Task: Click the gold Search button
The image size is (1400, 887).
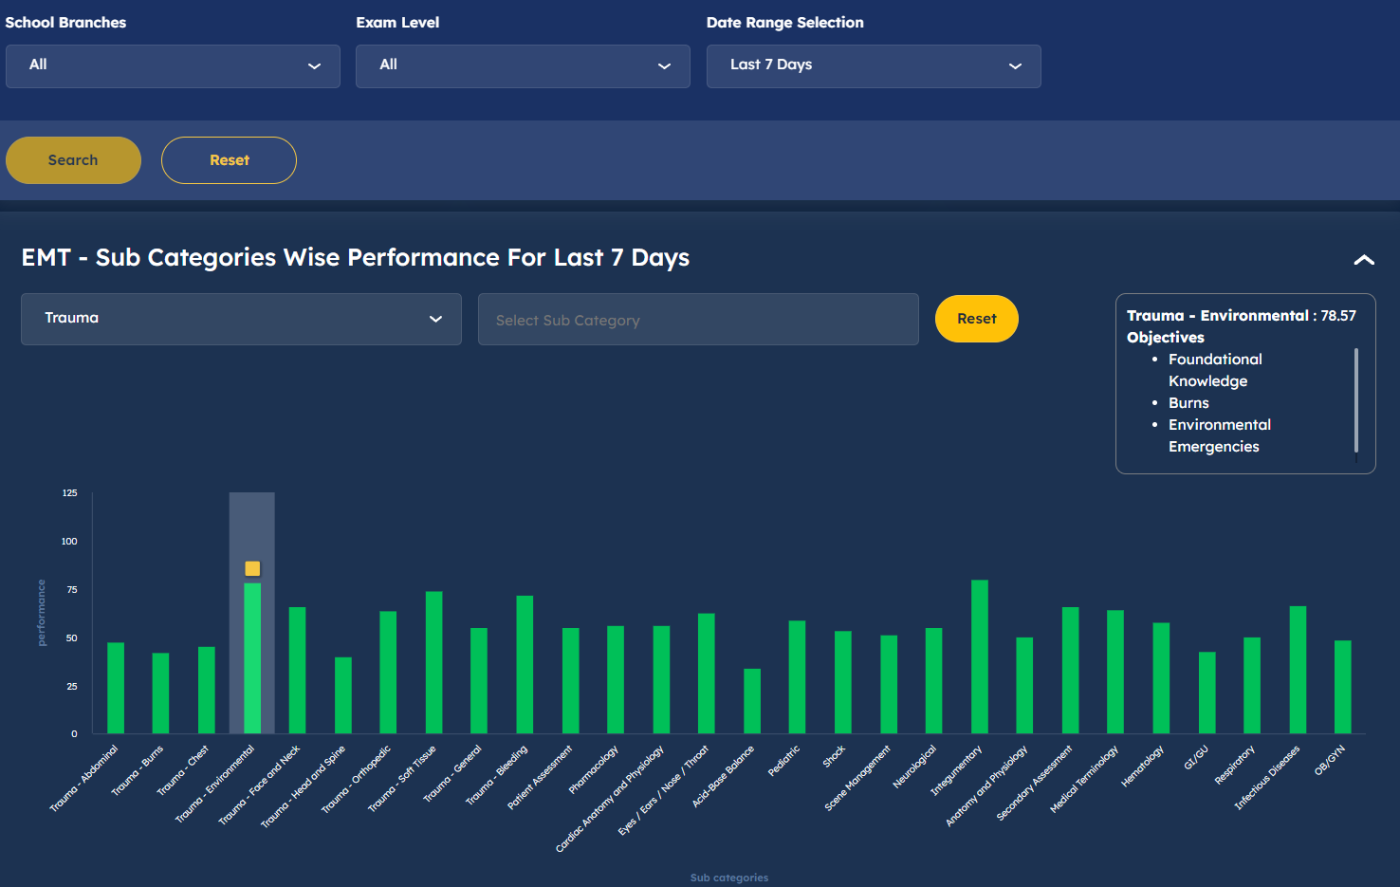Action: [x=73, y=160]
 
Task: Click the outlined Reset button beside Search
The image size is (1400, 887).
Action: [x=229, y=160]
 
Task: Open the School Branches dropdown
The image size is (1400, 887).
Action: [x=173, y=65]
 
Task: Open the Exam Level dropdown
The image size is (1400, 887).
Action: [x=523, y=65]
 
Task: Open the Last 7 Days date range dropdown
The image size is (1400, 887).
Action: [x=873, y=65]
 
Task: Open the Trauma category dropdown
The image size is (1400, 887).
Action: [x=241, y=319]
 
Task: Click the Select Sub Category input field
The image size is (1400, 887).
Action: [x=698, y=320]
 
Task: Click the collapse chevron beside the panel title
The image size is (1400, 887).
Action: [x=1363, y=260]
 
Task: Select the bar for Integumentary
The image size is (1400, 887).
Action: [x=980, y=656]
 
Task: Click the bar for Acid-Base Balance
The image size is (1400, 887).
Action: [x=752, y=701]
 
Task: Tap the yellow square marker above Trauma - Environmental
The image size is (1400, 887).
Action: [x=252, y=568]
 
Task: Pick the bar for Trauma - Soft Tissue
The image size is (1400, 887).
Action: [x=433, y=662]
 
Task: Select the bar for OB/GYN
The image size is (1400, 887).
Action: [x=1342, y=687]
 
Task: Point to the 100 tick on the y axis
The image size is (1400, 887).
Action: [x=69, y=541]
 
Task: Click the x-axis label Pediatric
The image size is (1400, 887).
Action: [x=784, y=761]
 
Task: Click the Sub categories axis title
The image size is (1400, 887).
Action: [x=728, y=878]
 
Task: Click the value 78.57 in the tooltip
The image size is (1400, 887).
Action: [x=1338, y=316]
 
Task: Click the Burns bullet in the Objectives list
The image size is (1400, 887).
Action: [x=1188, y=403]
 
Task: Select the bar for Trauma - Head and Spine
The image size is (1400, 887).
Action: [x=343, y=695]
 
